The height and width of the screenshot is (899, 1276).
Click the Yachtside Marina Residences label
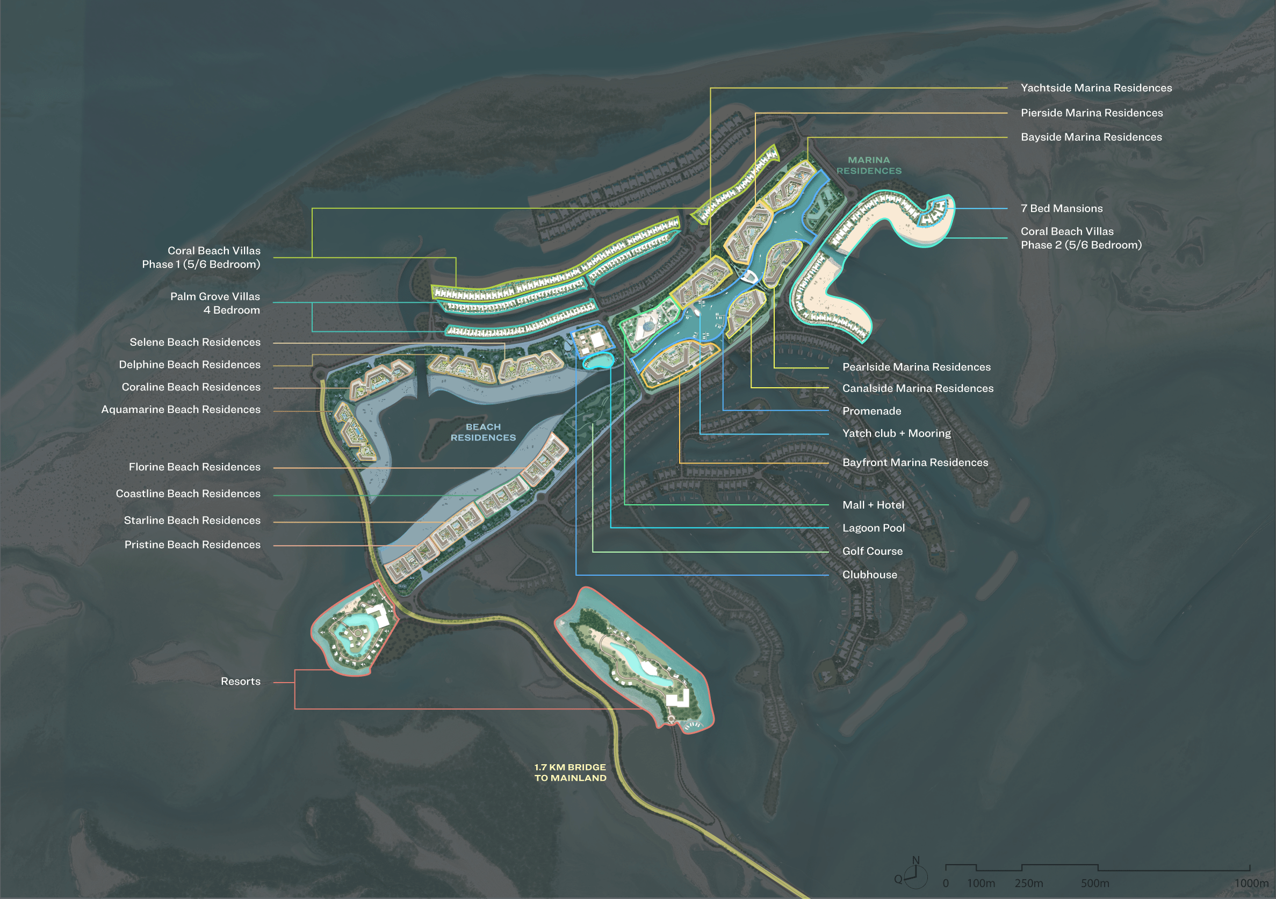tap(1095, 88)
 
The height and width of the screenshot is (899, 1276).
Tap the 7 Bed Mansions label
tap(1061, 208)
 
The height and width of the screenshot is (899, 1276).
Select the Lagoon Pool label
tap(873, 528)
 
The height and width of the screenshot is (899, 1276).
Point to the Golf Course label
tap(872, 551)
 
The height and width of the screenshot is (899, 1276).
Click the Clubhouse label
tap(869, 575)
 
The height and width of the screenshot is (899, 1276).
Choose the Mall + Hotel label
tap(873, 505)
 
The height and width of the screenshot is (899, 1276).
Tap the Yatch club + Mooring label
tap(896, 433)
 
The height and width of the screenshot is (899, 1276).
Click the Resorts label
tap(240, 681)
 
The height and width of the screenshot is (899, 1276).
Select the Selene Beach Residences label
tap(194, 342)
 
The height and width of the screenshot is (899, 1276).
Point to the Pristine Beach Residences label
tap(192, 545)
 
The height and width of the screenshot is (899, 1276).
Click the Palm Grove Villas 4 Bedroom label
tap(215, 303)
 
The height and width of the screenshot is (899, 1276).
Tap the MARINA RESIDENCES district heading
tap(869, 165)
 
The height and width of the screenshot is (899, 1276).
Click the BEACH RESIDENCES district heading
tap(483, 432)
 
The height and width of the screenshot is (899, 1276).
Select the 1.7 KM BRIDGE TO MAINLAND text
tap(570, 772)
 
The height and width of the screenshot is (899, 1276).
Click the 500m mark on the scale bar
tap(1095, 883)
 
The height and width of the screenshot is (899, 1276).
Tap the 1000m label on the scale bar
tap(1251, 883)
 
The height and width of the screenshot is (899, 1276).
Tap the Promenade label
tap(871, 411)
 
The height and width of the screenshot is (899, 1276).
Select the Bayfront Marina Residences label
tap(915, 462)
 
